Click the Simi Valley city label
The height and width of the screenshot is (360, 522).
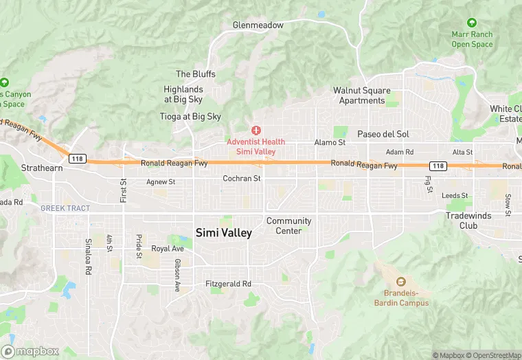click(x=224, y=233)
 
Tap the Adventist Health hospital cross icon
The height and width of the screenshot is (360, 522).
click(x=256, y=130)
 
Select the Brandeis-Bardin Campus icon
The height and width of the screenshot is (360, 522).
click(x=401, y=282)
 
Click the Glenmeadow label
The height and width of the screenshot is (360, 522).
click(x=258, y=25)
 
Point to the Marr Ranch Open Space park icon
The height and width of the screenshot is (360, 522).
click(x=471, y=23)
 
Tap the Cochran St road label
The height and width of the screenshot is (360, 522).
click(x=242, y=179)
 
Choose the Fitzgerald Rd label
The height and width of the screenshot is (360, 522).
click(x=228, y=284)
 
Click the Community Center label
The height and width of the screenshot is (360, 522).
click(x=288, y=226)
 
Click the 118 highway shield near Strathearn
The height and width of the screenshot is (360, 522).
click(x=78, y=159)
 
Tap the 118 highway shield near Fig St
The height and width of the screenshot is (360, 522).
click(x=438, y=166)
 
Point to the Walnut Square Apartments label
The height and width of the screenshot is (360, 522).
click(x=362, y=95)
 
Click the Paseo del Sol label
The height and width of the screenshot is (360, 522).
click(x=383, y=133)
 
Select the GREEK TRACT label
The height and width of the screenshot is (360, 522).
click(x=65, y=208)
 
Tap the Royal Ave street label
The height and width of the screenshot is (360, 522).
click(x=168, y=249)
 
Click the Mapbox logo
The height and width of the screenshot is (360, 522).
click(x=30, y=351)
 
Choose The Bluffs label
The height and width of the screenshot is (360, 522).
click(x=196, y=74)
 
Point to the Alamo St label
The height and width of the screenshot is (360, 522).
click(x=330, y=142)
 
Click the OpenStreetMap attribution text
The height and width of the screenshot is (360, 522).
click(x=493, y=355)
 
